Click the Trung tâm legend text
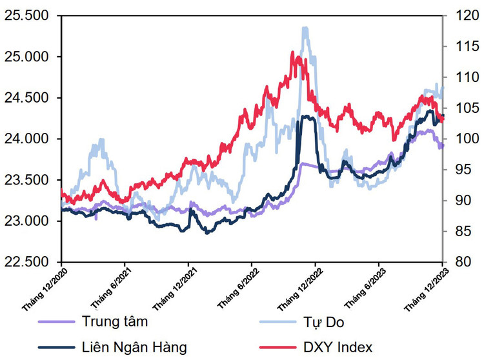115,321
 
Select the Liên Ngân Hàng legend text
134,347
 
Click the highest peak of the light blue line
305,28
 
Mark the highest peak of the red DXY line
292,53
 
